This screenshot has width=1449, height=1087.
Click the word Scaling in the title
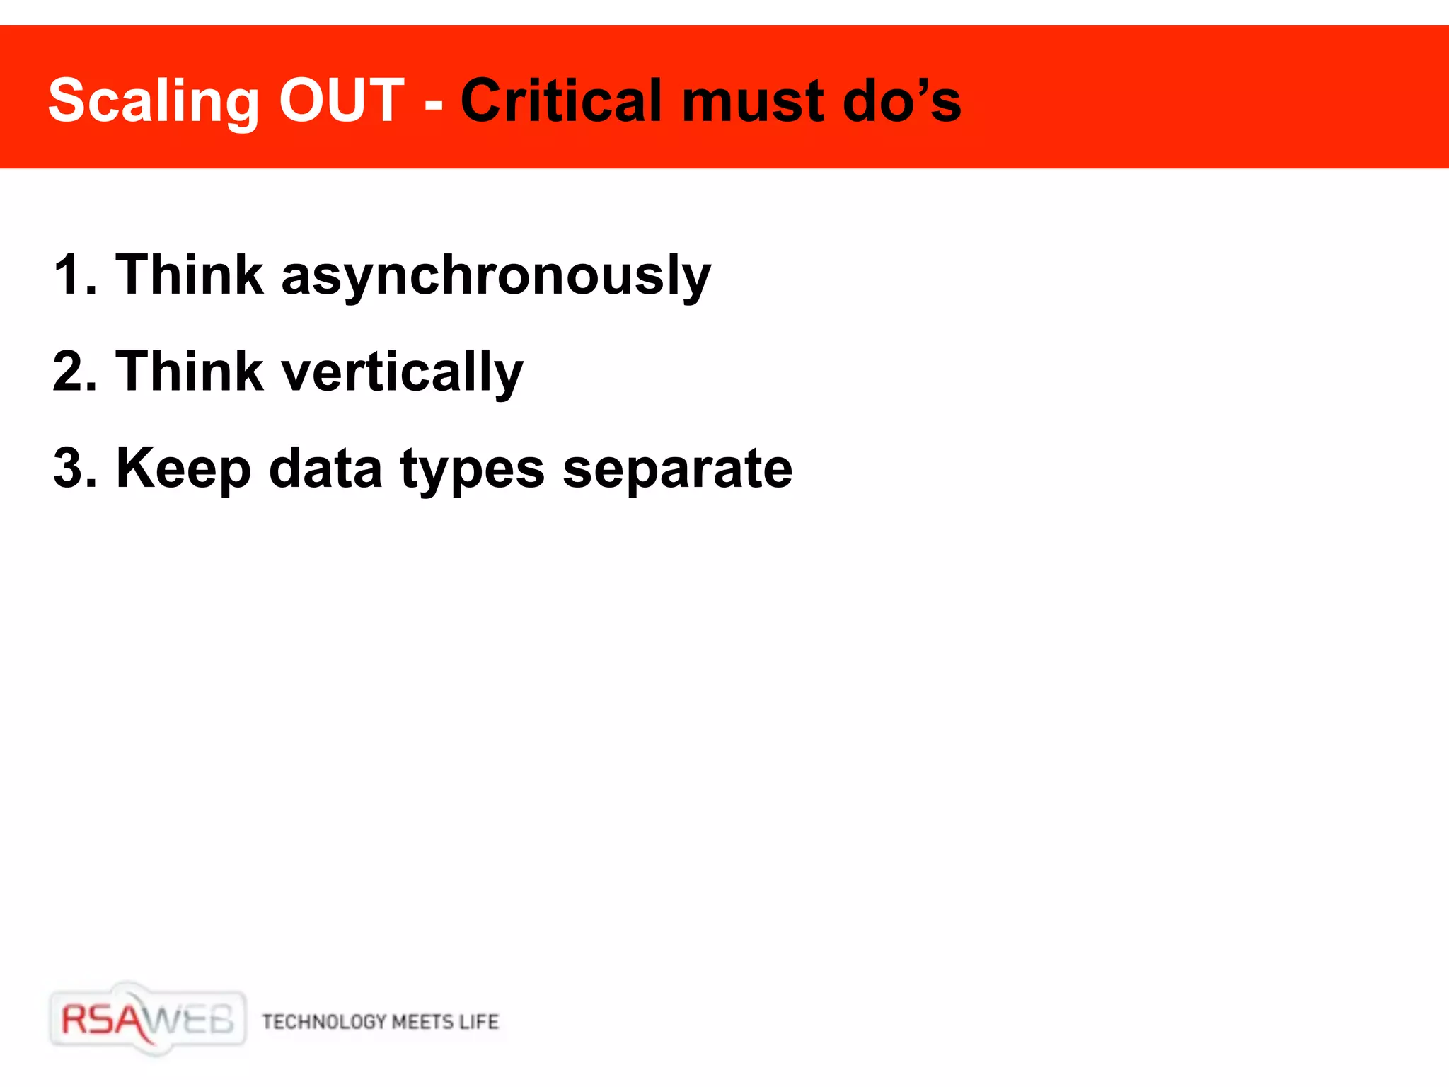[x=154, y=102]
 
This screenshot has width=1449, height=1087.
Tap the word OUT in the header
[x=342, y=100]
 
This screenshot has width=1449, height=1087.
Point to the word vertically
[x=402, y=374]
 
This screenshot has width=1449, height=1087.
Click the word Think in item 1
[x=190, y=275]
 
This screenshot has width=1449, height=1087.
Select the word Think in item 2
[x=190, y=372]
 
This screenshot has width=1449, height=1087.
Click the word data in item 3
[x=325, y=468]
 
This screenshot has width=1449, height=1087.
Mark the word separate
[x=677, y=471]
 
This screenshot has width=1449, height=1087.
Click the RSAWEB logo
[x=147, y=1020]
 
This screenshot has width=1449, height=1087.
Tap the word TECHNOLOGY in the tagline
[x=324, y=1022]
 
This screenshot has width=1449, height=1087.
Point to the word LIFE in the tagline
[x=479, y=1022]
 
